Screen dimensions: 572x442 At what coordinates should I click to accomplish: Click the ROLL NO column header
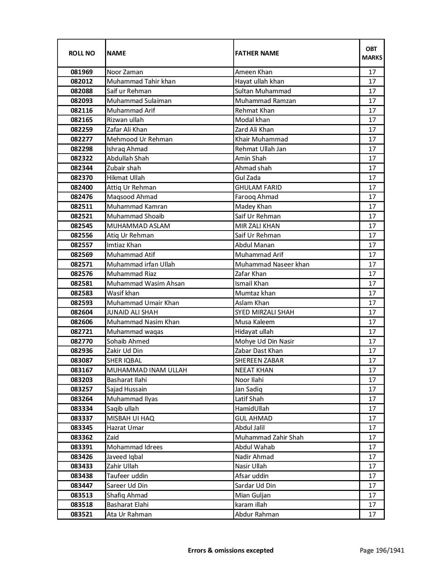click(x=81, y=53)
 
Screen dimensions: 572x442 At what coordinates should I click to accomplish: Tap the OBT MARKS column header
click(x=372, y=53)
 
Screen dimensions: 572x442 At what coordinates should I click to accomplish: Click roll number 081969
click(x=81, y=72)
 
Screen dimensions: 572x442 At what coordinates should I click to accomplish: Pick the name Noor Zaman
click(x=125, y=72)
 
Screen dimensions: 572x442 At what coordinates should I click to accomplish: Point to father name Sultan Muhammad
click(x=263, y=91)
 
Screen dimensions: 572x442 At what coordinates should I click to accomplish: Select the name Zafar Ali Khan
click(x=127, y=130)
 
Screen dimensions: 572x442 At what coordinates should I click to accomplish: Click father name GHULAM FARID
click(x=258, y=188)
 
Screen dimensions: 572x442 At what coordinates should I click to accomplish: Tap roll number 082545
click(x=81, y=226)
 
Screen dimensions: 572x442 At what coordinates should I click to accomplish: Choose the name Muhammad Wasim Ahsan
click(x=146, y=284)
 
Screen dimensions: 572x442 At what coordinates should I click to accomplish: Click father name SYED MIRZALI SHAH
click(x=265, y=312)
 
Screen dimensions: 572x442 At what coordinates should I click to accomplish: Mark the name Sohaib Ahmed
click(x=128, y=341)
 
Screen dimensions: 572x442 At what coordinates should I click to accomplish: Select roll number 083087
click(x=81, y=361)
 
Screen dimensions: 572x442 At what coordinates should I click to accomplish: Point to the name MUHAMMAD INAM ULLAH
click(x=147, y=370)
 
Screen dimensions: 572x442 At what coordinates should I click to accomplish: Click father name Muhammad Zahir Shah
click(x=269, y=437)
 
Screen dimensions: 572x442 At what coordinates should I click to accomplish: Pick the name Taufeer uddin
click(x=127, y=476)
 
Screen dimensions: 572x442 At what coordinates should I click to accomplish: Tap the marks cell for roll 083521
click(x=372, y=514)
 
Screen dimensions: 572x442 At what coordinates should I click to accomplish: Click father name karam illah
click(x=251, y=505)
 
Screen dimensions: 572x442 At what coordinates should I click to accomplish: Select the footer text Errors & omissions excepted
click(x=231, y=550)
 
